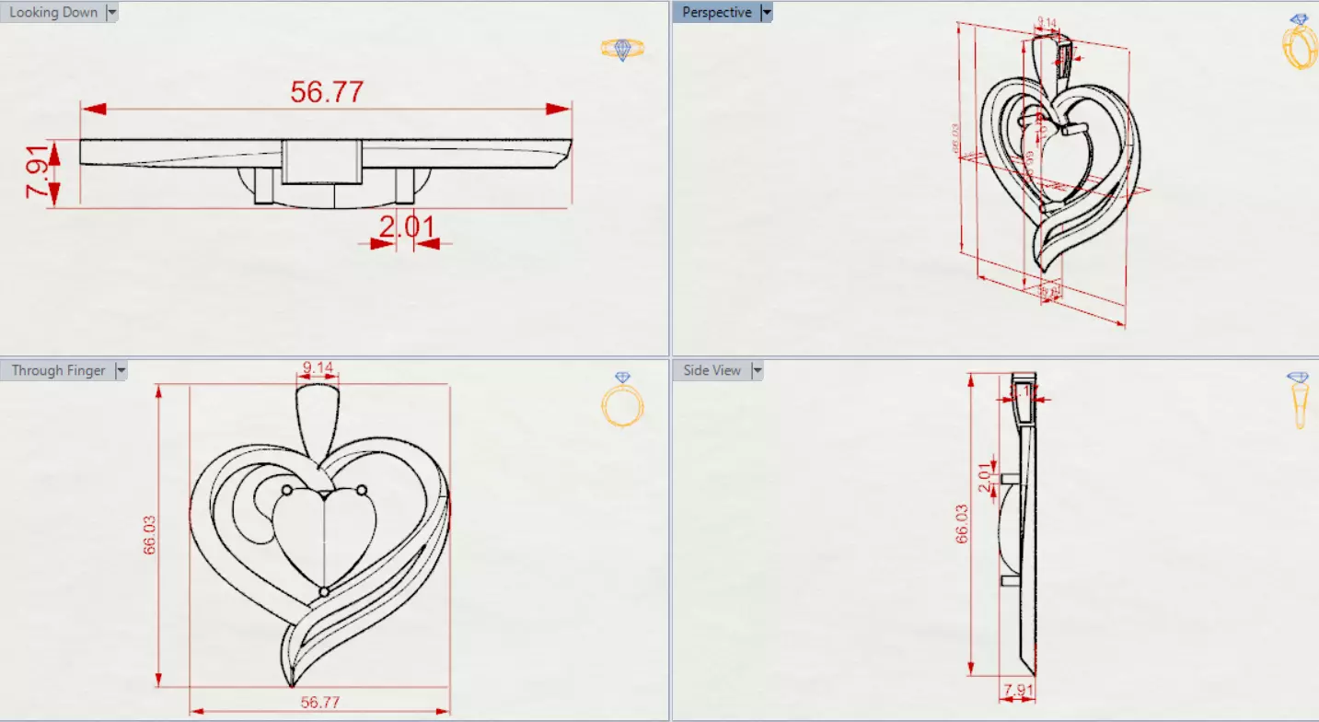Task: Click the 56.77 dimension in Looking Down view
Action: pyautogui.click(x=327, y=92)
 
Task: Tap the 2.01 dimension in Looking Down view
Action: pyautogui.click(x=406, y=227)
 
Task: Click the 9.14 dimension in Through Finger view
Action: pyautogui.click(x=318, y=367)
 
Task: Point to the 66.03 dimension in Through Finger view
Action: pyautogui.click(x=149, y=535)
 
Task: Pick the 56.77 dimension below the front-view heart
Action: pyautogui.click(x=319, y=702)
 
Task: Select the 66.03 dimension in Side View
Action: pyautogui.click(x=962, y=524)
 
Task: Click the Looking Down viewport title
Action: pyautogui.click(x=52, y=13)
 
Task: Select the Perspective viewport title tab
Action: pyautogui.click(x=716, y=13)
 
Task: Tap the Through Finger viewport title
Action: pyautogui.click(x=58, y=370)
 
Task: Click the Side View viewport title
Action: pyautogui.click(x=712, y=370)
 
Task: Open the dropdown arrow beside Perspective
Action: pyautogui.click(x=766, y=13)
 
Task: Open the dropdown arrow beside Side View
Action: pyautogui.click(x=758, y=370)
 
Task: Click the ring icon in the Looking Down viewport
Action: pyautogui.click(x=622, y=49)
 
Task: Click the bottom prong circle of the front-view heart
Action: pyautogui.click(x=324, y=590)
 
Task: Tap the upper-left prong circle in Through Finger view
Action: pyautogui.click(x=286, y=489)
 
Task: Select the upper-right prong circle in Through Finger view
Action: pyautogui.click(x=362, y=489)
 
